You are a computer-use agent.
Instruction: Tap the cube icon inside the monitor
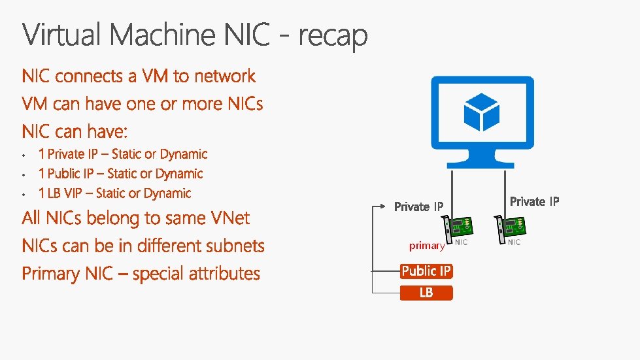point(481,111)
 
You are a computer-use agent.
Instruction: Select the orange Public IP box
point(426,271)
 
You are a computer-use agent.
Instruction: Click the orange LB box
point(426,293)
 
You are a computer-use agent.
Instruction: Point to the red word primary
point(427,246)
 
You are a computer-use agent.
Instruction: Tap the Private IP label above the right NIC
point(534,201)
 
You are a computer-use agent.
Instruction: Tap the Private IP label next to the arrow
point(419,206)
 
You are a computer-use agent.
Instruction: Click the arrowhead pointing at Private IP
point(386,206)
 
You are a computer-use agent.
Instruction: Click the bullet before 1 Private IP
point(24,155)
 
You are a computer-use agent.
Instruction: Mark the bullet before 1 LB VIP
point(24,194)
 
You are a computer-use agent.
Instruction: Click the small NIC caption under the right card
point(514,242)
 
